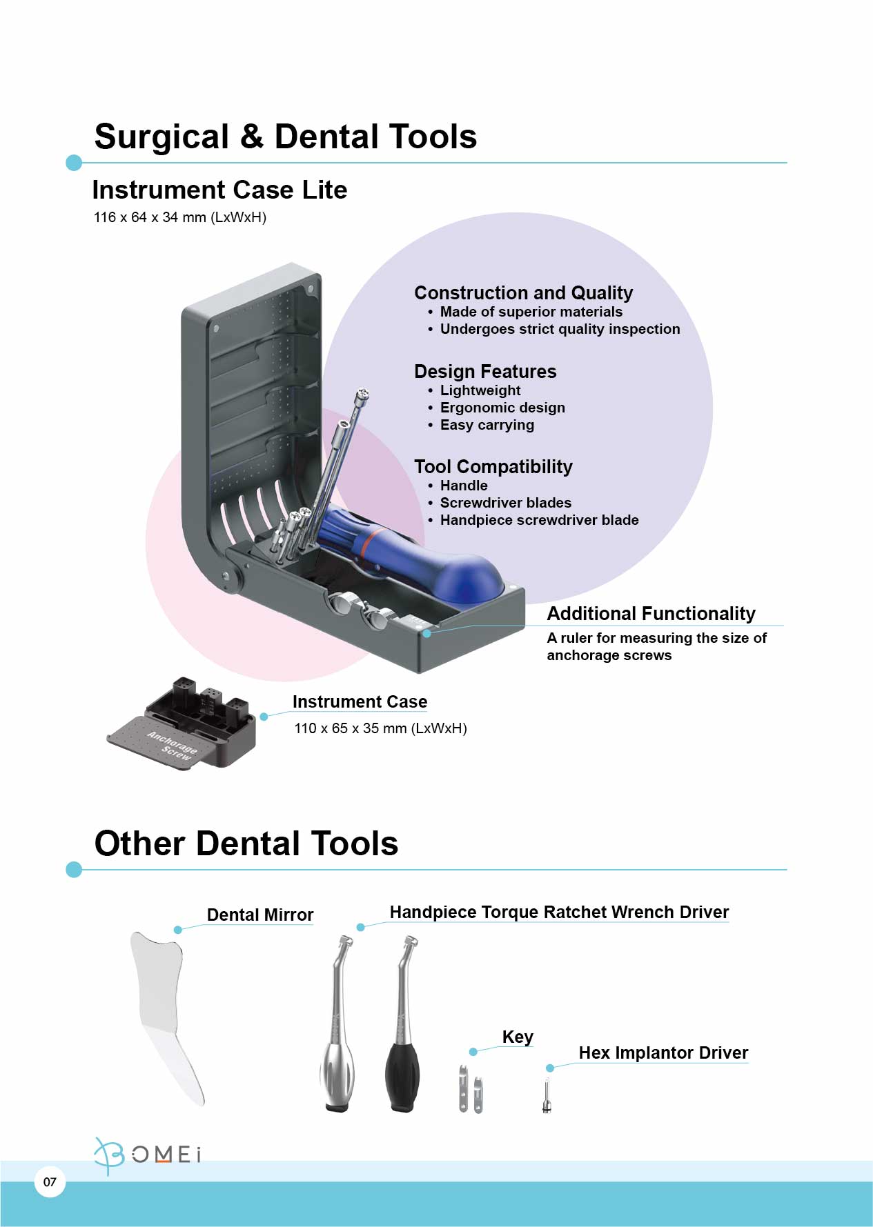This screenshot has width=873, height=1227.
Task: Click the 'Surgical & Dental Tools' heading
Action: click(285, 137)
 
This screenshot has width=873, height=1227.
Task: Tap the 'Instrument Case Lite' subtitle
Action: click(219, 190)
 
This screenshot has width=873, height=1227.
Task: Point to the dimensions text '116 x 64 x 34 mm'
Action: click(150, 217)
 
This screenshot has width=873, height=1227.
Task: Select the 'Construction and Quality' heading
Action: click(523, 293)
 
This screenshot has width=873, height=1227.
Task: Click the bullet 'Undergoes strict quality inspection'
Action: click(560, 329)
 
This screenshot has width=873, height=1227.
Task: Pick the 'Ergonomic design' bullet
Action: click(502, 408)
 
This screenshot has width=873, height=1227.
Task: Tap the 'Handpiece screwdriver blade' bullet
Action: click(539, 520)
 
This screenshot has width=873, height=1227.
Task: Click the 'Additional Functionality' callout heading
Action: click(651, 614)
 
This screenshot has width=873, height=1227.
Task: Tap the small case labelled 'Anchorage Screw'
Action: click(182, 723)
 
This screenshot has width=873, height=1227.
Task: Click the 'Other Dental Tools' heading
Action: click(246, 844)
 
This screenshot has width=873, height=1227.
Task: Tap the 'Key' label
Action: click(518, 1037)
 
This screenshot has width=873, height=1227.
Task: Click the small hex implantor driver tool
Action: click(547, 1096)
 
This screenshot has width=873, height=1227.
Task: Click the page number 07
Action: click(50, 1182)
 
